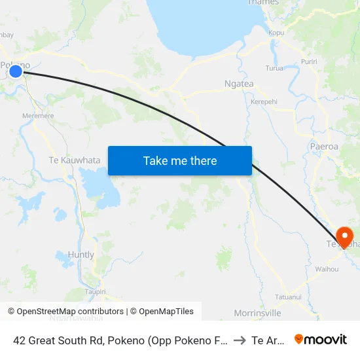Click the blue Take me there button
point(180,160)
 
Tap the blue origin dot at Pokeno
point(16,71)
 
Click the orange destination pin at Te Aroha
point(344,236)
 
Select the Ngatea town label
point(239,84)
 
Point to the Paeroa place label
point(325,147)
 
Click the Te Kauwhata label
point(75,160)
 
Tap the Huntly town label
point(81,255)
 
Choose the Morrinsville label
point(258,313)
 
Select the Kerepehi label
point(264,102)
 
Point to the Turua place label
point(274,68)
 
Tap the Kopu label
point(276,32)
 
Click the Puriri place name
point(310,62)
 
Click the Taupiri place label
point(96,292)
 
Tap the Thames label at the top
point(262,3)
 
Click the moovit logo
point(320,339)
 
